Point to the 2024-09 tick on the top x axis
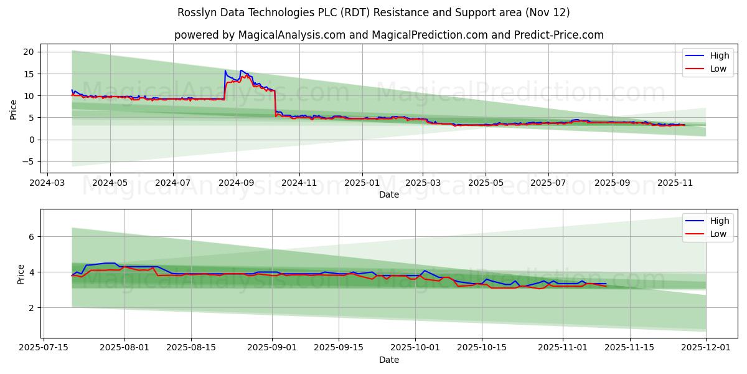pos(237,184)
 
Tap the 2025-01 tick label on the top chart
pos(362,184)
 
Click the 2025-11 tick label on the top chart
pos(675,184)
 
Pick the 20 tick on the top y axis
pos(27,52)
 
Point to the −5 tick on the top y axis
pos(27,161)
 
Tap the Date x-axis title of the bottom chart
pos(389,360)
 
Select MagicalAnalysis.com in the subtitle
pos(292,35)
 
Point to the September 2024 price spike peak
pos(225,70)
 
